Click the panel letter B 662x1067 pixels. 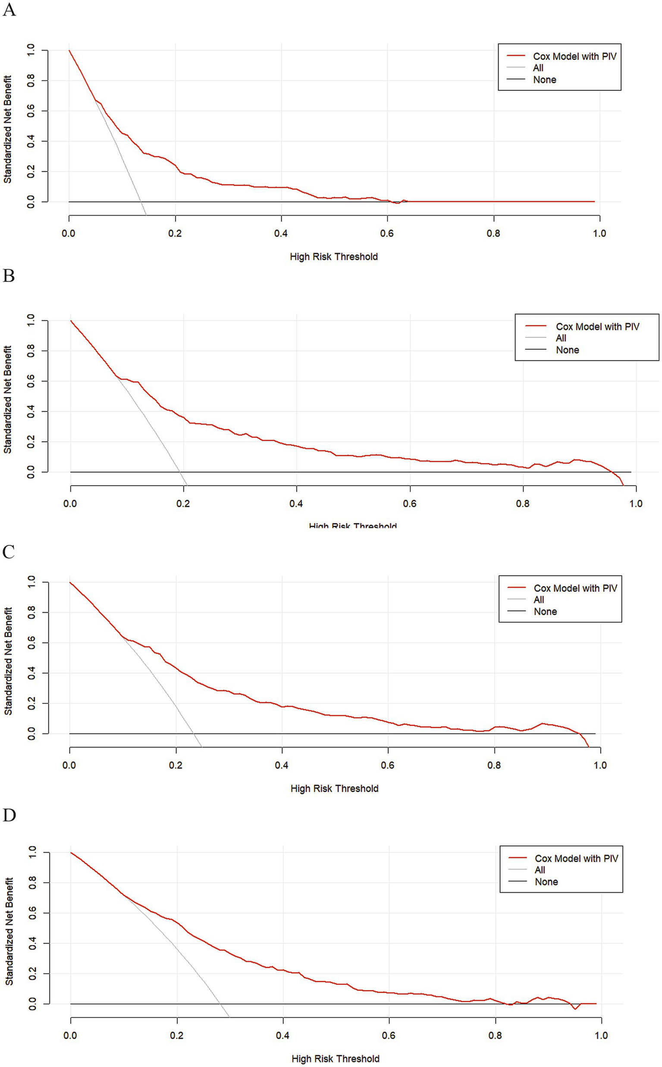[x=8, y=276]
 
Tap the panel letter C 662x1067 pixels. [x=8, y=552]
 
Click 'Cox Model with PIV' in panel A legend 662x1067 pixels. [x=574, y=57]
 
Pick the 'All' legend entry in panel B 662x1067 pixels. [x=561, y=338]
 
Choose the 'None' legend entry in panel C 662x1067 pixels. [x=545, y=611]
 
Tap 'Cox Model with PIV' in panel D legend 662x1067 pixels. [x=576, y=859]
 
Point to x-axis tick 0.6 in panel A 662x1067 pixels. [x=387, y=233]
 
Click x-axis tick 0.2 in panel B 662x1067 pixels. [x=183, y=504]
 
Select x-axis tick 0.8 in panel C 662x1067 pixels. [x=494, y=765]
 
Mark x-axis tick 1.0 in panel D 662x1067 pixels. [x=601, y=1036]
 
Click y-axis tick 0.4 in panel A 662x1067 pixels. [x=31, y=141]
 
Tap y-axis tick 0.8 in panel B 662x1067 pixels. [x=31, y=351]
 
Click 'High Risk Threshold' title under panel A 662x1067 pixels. [x=334, y=257]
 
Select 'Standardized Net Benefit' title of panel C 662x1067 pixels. [x=8, y=661]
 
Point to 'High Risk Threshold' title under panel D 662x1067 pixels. [x=336, y=1059]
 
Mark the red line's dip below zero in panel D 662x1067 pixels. [x=575, y=1009]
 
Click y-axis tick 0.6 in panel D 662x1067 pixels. [x=31, y=913]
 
